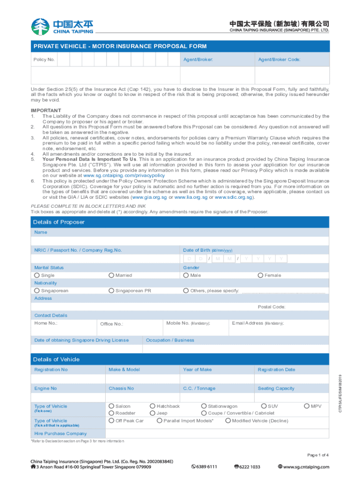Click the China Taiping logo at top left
point(62,26)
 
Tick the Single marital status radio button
point(37,276)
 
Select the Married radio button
point(111,276)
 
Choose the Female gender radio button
point(260,276)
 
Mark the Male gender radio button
point(186,276)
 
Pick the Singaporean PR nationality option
point(111,291)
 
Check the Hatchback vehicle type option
point(152,406)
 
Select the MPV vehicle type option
point(307,406)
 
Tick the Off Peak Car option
point(111,421)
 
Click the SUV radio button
point(264,406)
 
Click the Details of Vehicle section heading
point(56,359)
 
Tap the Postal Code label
point(272,307)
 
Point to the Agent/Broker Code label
point(279,60)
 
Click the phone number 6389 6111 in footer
point(204,466)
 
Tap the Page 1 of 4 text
point(318,455)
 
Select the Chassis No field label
point(121,388)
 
